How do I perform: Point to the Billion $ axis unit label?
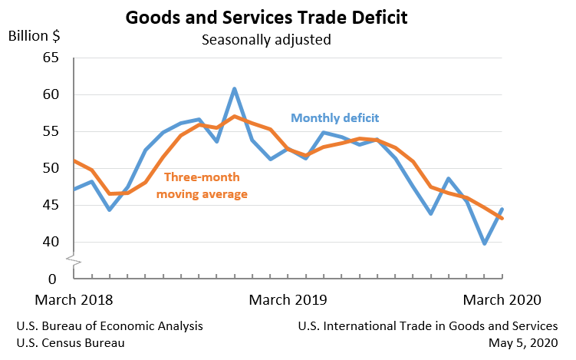35,35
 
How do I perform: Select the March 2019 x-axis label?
289,299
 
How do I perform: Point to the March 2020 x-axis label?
503,299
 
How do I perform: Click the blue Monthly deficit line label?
335,117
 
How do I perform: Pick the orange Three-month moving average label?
202,185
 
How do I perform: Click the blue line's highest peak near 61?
234,89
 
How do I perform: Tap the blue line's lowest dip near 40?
485,243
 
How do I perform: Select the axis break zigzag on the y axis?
74,261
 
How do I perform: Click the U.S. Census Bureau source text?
71,342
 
